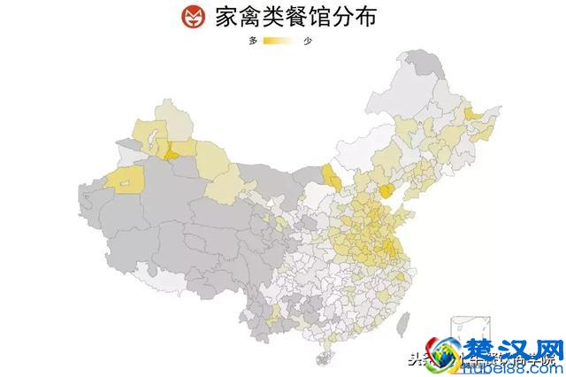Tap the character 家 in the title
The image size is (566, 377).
(x=225, y=17)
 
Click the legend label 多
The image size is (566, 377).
(x=254, y=42)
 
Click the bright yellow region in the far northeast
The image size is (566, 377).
(x=471, y=112)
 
